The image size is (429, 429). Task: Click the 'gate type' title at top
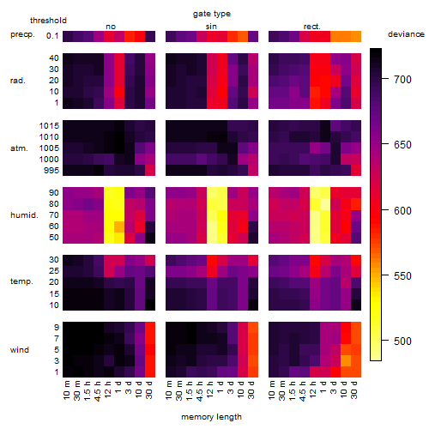tap(212, 14)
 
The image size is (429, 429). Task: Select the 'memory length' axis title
tap(211, 417)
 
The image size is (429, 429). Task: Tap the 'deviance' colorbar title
tap(406, 34)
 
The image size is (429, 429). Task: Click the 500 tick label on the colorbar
tap(402, 341)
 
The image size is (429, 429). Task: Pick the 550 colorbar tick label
tap(402, 276)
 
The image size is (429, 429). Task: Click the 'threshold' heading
tap(48, 21)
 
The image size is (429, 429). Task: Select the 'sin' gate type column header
tap(211, 27)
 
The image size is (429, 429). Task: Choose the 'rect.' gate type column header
tap(311, 27)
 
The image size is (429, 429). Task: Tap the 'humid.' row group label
tap(24, 215)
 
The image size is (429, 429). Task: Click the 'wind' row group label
tap(20, 350)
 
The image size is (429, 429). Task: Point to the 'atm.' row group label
tap(19, 148)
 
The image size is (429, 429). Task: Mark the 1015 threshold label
tap(49, 126)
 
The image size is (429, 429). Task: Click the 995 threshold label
tap(51, 171)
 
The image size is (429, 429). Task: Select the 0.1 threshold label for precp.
tap(52, 36)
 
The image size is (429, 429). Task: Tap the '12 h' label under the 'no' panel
tap(107, 390)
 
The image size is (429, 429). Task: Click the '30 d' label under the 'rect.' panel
tap(354, 390)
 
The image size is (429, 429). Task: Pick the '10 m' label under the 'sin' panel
tap(169, 390)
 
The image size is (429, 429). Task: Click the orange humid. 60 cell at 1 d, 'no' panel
tap(119, 227)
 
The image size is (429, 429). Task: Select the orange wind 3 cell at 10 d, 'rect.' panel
tap(346, 361)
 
